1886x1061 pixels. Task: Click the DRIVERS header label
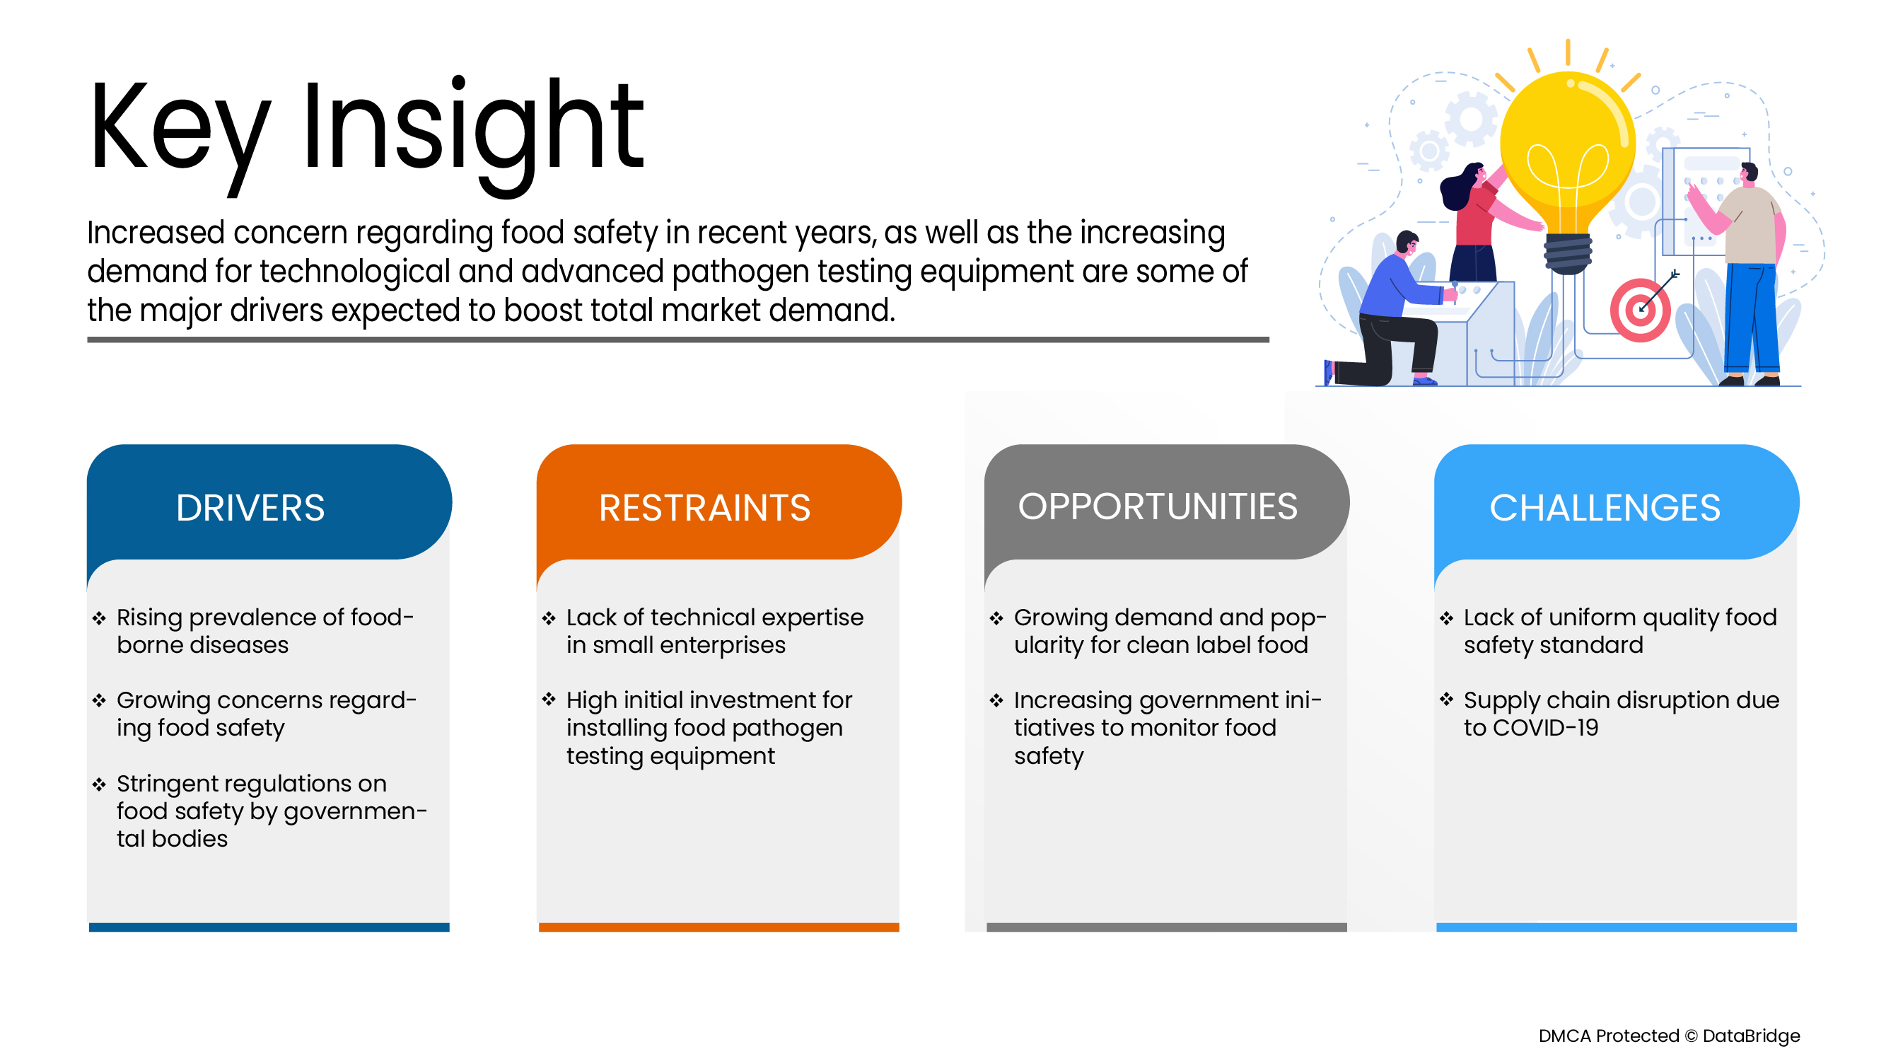pos(250,507)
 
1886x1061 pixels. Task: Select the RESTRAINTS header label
pos(704,507)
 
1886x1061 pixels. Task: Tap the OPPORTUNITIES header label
pos(1158,506)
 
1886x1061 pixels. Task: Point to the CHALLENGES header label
pos(1605,507)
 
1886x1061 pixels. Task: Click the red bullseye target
pos(1640,311)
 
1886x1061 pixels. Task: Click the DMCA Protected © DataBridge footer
pos(1670,1036)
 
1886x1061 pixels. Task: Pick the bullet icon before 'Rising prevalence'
pos(100,618)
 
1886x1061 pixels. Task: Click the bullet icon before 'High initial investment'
pos(549,700)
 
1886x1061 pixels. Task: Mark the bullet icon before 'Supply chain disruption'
pos(1446,700)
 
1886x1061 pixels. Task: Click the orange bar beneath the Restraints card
pos(719,927)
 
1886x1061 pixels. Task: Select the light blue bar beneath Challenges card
pos(1617,927)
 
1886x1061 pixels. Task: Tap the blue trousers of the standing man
pos(1751,318)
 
